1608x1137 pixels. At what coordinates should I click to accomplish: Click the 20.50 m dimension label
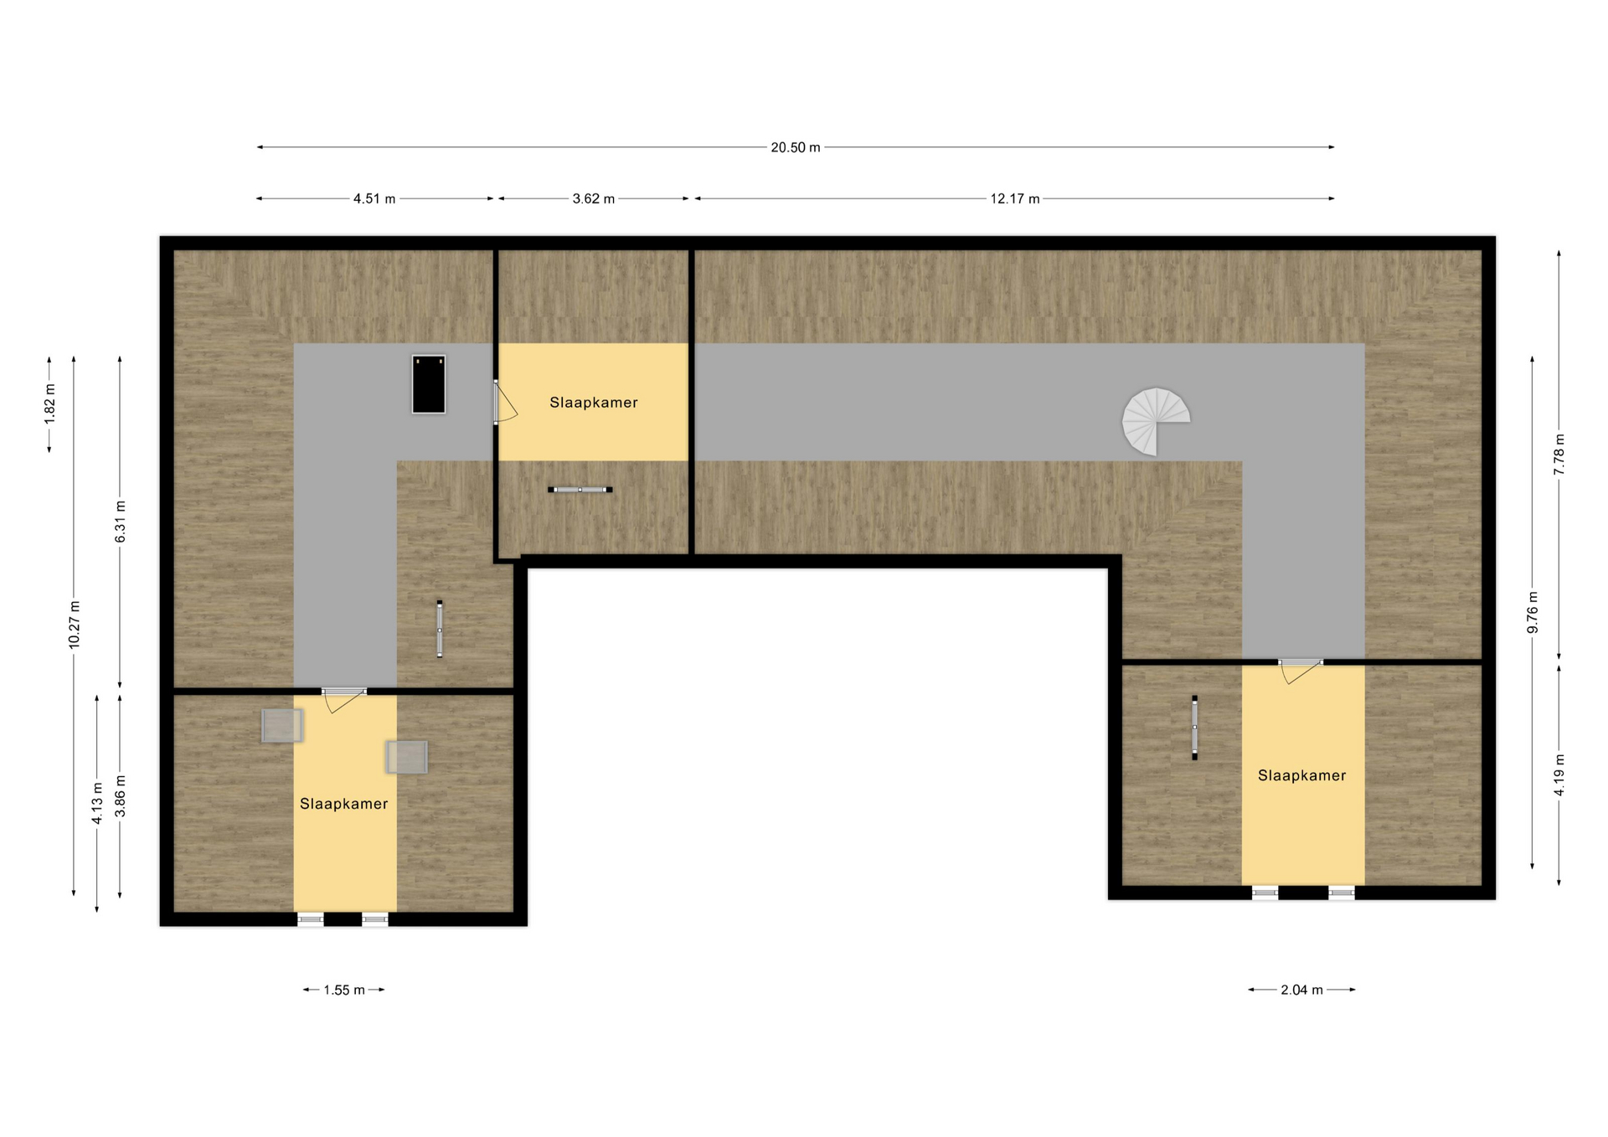[795, 147]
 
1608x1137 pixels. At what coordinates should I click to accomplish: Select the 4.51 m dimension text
[374, 198]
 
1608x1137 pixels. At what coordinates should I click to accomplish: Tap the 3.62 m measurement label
[593, 198]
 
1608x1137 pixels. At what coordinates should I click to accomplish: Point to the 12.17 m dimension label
[1014, 198]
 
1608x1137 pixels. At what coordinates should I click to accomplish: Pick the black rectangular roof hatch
[428, 384]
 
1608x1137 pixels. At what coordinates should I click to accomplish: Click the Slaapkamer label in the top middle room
[593, 403]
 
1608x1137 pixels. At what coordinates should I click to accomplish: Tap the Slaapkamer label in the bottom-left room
[343, 804]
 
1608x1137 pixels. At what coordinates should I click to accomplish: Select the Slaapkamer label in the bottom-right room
[1301, 775]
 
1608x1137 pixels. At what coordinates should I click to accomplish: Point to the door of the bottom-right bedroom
[1300, 670]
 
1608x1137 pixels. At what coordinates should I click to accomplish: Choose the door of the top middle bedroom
[504, 402]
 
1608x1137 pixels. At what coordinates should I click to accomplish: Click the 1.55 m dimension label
[344, 990]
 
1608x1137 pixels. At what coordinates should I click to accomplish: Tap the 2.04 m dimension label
[1301, 990]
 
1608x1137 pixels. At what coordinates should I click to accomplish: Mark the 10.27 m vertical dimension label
[75, 625]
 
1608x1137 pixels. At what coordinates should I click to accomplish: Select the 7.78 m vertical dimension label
[1559, 455]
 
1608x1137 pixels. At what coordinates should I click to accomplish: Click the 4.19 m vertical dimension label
[1559, 775]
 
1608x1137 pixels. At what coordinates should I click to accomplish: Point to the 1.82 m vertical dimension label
[50, 404]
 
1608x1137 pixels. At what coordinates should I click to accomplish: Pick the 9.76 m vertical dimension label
[1533, 613]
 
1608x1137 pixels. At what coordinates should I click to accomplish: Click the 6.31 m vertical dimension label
[121, 522]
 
